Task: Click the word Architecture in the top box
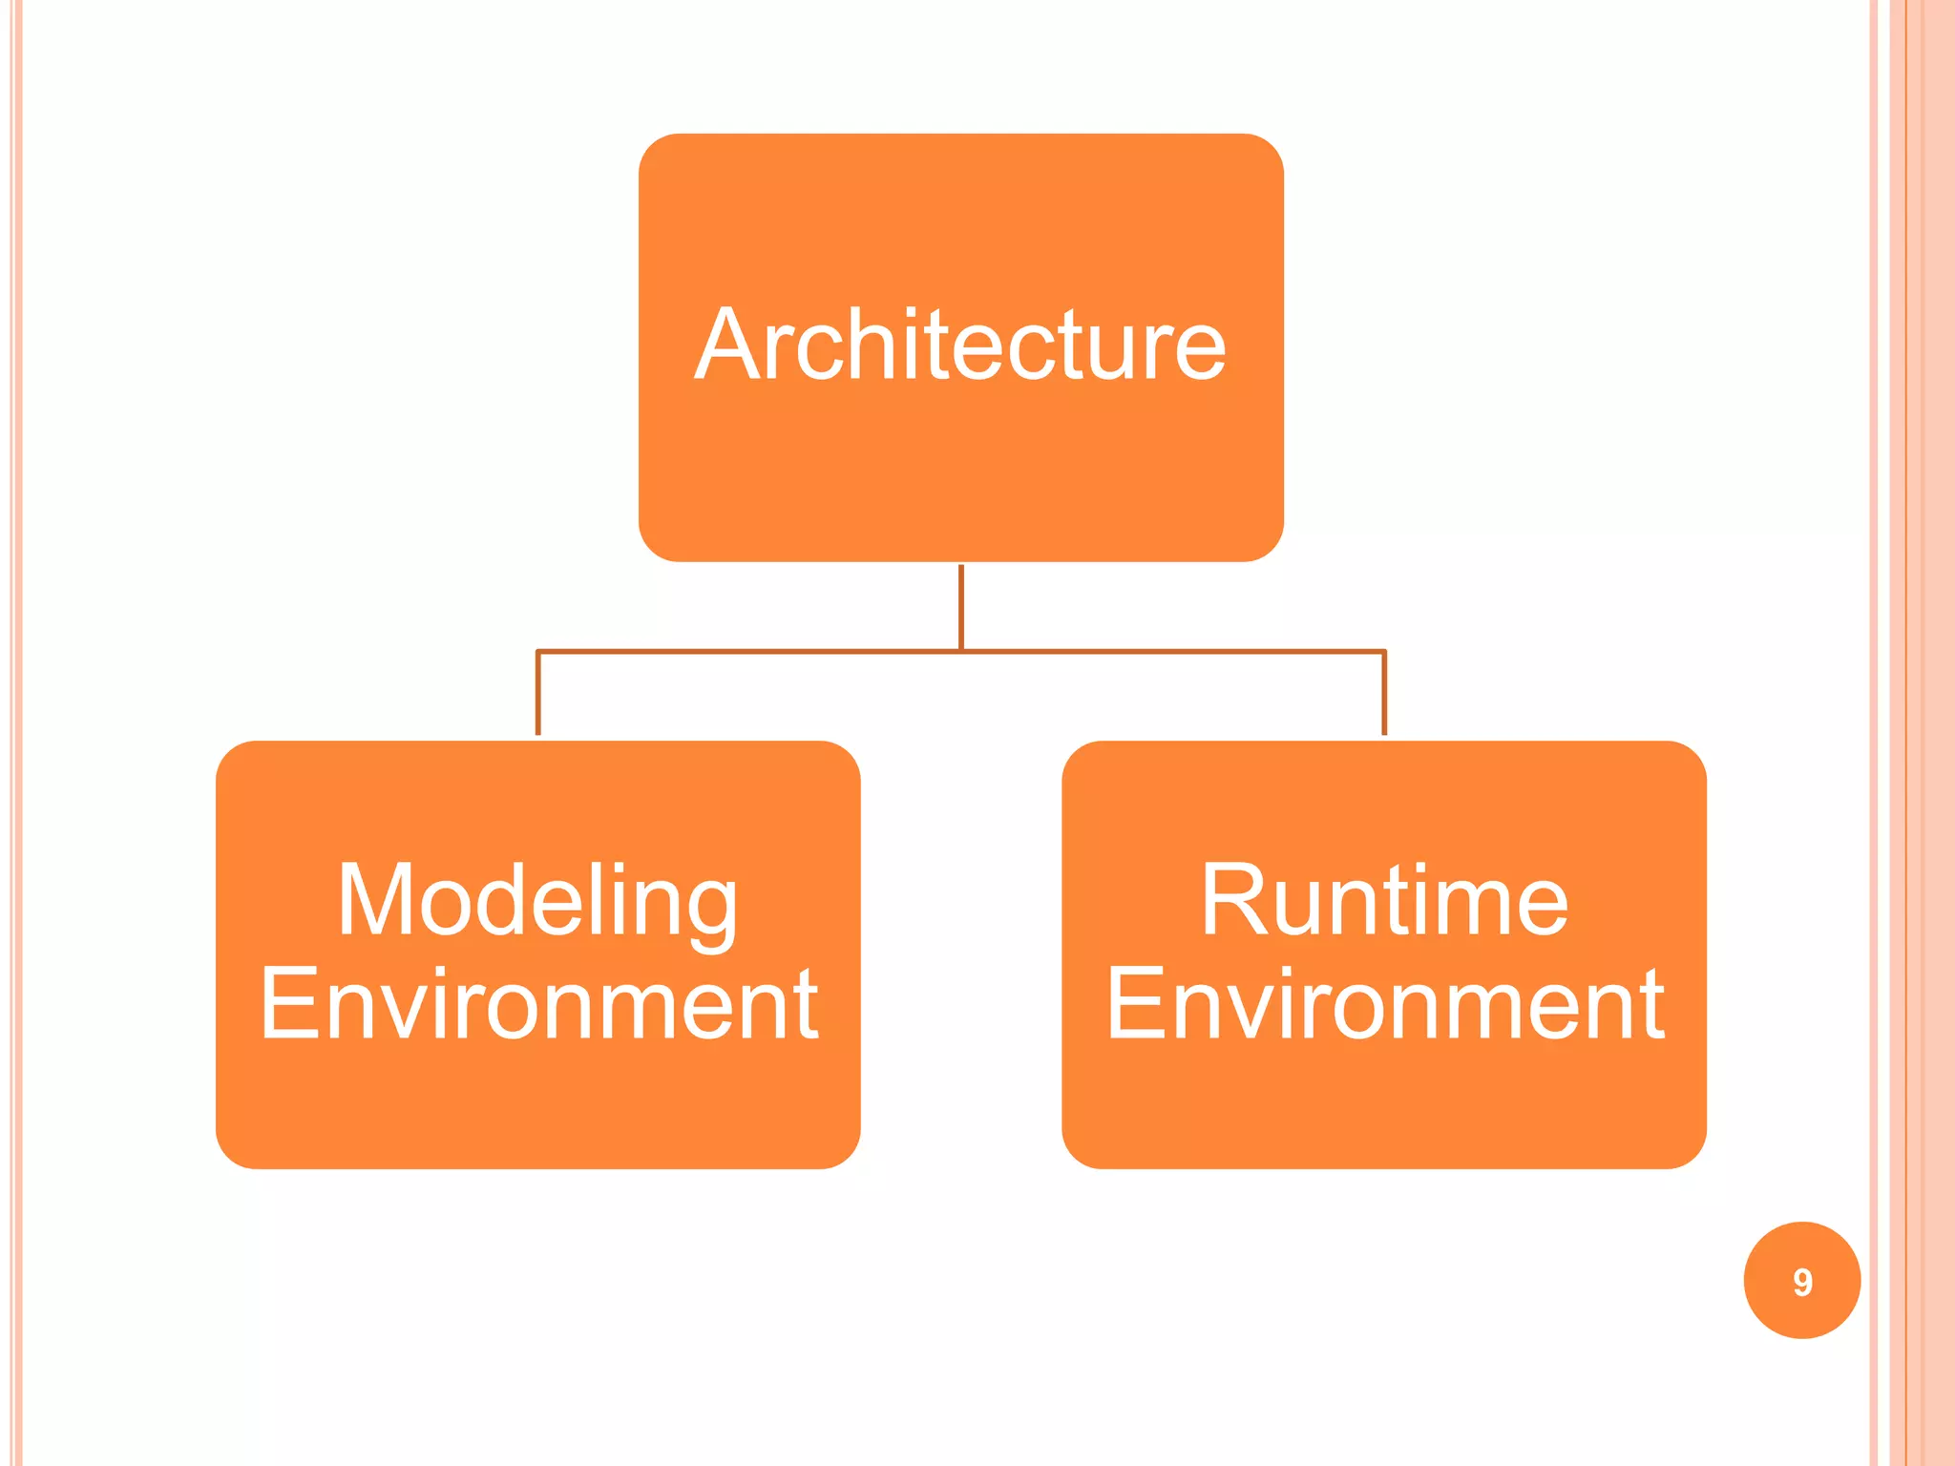pyautogui.click(x=960, y=345)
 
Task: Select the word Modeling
pyautogui.click(x=537, y=901)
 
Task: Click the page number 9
pyautogui.click(x=1801, y=1282)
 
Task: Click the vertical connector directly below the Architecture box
pyautogui.click(x=961, y=606)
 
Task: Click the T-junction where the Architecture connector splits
pyautogui.click(x=961, y=652)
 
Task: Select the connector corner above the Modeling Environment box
pyautogui.click(x=538, y=653)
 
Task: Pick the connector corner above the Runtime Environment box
pyautogui.click(x=1384, y=653)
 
